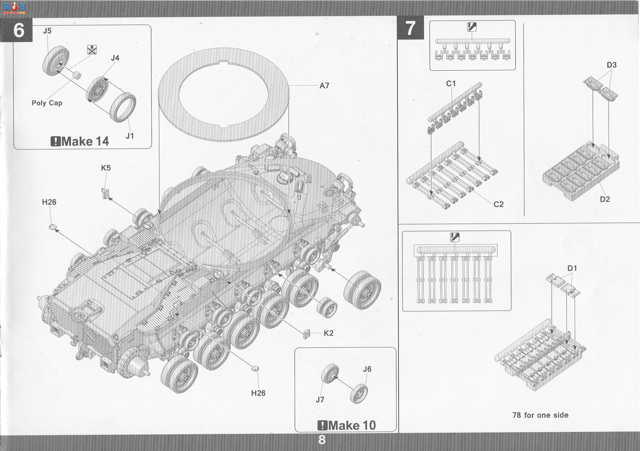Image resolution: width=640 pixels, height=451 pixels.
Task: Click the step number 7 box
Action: (x=411, y=28)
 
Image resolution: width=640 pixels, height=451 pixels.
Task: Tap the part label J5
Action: (x=47, y=30)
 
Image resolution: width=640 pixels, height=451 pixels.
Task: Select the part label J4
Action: (x=115, y=58)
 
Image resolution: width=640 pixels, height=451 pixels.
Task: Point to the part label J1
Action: (x=130, y=136)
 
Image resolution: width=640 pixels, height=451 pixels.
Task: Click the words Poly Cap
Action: (x=47, y=103)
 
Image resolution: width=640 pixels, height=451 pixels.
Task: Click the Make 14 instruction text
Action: (x=80, y=141)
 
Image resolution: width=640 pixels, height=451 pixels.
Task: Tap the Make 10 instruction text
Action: (x=346, y=425)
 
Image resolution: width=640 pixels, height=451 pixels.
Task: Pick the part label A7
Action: (x=324, y=85)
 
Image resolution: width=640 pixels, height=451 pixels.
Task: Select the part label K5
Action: (x=106, y=168)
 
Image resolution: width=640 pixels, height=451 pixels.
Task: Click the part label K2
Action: (x=329, y=333)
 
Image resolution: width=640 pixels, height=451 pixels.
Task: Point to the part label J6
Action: (x=367, y=369)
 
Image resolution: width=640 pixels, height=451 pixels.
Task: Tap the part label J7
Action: (x=320, y=400)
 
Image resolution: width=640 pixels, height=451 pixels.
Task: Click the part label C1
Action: (x=451, y=83)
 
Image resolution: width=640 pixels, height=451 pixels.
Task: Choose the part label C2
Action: (x=499, y=204)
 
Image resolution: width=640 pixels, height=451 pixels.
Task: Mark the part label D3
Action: (x=612, y=65)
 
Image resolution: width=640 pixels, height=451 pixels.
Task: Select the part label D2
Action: (x=605, y=199)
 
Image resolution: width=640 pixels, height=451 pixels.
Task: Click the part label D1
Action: (x=572, y=268)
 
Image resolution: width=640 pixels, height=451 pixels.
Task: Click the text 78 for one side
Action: (x=540, y=415)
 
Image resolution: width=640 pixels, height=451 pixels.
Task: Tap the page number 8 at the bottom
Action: (x=322, y=440)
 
